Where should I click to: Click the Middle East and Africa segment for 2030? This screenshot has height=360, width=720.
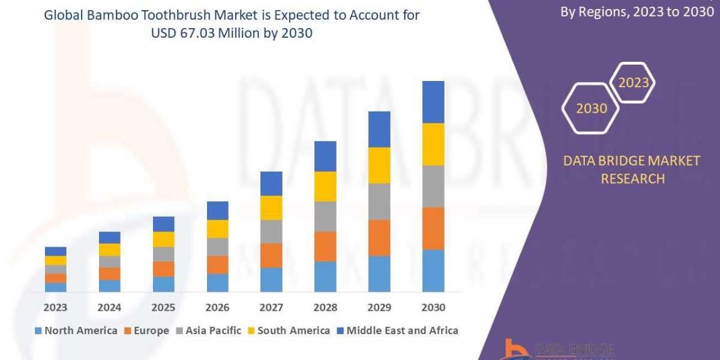433,102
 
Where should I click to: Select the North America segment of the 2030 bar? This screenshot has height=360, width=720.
433,271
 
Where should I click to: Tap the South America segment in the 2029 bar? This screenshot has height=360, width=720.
379,165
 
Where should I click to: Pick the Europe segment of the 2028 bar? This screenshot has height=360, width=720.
325,246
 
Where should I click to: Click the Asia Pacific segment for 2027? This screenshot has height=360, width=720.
271,231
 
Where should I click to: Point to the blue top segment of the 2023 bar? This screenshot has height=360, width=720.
56,251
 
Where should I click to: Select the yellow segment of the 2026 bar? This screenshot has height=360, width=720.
217,229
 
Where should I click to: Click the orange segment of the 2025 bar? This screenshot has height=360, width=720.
163,269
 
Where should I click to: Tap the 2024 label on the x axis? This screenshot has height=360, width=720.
109,307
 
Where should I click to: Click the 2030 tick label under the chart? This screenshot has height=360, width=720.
433,307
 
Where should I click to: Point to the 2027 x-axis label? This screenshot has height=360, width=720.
271,307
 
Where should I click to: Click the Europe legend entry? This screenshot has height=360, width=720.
147,331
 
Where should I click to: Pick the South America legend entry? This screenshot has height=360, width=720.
288,331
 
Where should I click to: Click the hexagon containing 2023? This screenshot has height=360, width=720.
633,83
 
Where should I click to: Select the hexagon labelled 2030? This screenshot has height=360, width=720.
591,109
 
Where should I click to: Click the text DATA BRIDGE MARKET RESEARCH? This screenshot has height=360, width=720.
632,170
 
